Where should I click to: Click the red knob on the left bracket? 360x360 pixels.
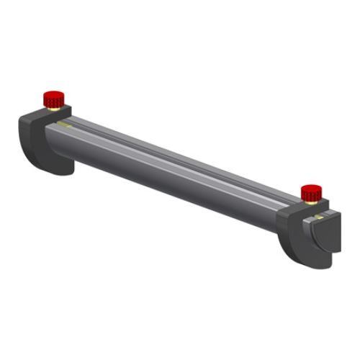coord(51,99)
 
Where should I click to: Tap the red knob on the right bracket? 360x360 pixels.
coord(310,193)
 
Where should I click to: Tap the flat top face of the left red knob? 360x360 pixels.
coord(51,94)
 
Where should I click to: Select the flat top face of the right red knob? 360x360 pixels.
coord(310,188)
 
